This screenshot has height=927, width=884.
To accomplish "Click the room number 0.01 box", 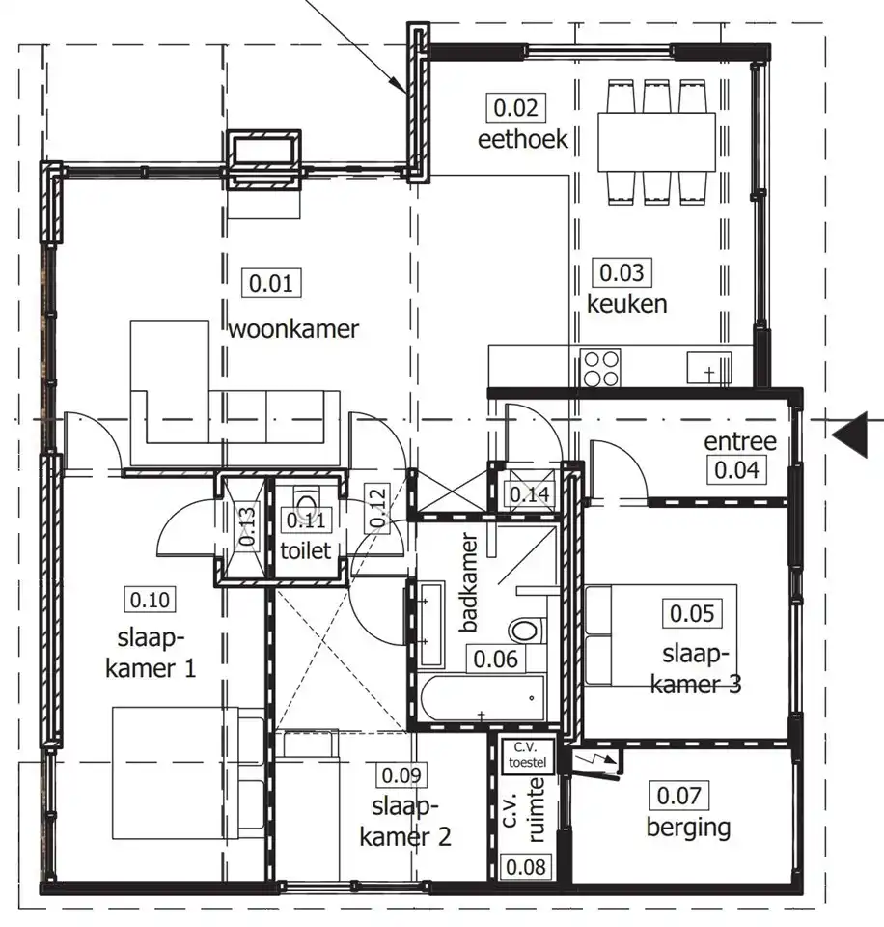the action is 271,283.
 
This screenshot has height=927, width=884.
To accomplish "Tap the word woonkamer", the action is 293,328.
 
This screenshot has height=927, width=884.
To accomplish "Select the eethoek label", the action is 522,139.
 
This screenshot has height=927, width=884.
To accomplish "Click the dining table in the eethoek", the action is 656,142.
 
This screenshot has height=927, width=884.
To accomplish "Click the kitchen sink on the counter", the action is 709,368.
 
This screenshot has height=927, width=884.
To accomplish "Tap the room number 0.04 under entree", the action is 736,470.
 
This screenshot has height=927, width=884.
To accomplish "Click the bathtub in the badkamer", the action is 483,699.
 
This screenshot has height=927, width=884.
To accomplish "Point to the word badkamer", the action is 469,582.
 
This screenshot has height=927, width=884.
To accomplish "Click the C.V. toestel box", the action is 527,755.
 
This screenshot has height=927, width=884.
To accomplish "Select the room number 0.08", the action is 526,867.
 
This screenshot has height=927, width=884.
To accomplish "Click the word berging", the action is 688,828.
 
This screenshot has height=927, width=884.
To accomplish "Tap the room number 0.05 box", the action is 692,614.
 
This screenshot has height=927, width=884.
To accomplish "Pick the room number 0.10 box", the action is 151,600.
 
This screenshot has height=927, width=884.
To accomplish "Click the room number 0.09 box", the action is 401,775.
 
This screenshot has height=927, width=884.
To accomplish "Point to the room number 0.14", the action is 529,494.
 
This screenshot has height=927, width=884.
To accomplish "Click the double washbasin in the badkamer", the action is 430,625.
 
